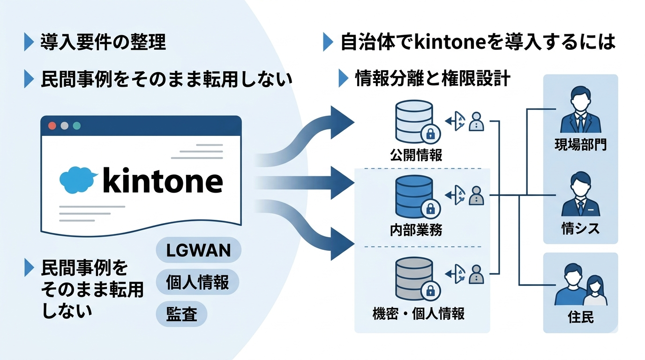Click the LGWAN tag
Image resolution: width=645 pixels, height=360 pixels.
(198, 250)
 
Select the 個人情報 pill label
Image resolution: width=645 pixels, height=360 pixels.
(197, 282)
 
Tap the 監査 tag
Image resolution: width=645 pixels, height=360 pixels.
(181, 314)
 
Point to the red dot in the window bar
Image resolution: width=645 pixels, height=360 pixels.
(52, 126)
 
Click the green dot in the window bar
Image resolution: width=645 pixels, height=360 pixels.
(77, 126)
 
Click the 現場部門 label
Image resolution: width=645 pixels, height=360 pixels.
(580, 145)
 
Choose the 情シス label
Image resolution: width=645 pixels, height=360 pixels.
(580, 229)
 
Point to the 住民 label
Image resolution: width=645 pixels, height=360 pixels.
(580, 317)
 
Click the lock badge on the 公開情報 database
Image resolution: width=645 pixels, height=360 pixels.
(429, 134)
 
